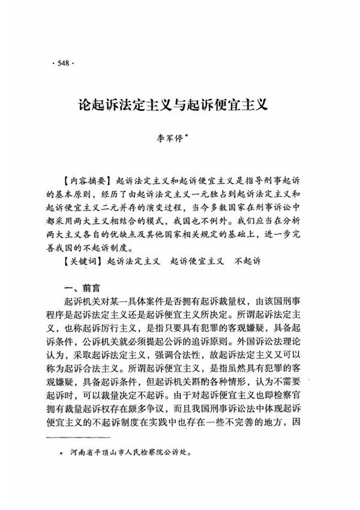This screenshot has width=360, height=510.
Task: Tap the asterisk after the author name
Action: (188, 134)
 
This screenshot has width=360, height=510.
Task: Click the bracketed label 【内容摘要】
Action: (86, 181)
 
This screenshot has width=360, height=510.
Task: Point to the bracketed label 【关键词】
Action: (82, 262)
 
